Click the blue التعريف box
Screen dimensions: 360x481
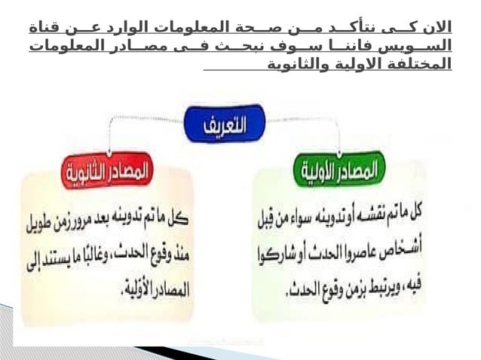tap(225, 124)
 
